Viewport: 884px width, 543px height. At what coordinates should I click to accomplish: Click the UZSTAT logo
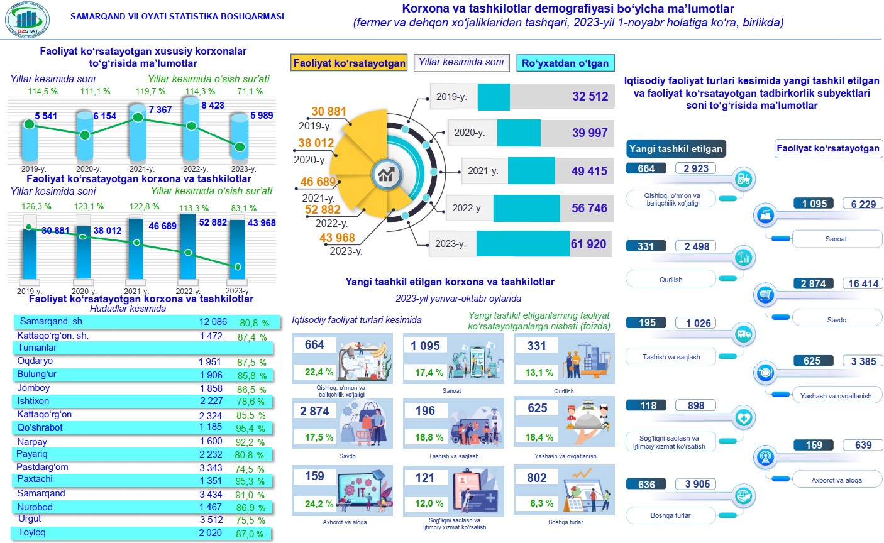27,20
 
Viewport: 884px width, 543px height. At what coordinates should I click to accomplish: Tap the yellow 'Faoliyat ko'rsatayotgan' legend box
350,63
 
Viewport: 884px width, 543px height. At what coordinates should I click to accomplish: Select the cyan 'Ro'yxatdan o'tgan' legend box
565,63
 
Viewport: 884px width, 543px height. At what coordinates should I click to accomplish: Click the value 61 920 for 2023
588,244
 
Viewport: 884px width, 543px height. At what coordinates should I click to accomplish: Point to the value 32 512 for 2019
590,97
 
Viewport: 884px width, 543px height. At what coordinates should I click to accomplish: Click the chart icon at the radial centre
385,175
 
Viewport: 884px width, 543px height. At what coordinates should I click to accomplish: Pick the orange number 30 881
329,112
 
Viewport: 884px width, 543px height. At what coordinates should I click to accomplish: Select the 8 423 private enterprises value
213,106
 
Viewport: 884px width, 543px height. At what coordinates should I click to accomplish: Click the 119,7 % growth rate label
150,92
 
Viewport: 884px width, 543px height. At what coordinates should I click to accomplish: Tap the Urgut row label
30,519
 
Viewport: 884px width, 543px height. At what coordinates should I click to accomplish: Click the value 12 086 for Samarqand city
213,322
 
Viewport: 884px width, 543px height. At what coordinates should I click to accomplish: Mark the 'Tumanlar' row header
37,348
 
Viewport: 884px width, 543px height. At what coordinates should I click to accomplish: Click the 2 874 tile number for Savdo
314,411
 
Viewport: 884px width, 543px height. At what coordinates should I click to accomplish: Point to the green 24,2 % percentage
319,504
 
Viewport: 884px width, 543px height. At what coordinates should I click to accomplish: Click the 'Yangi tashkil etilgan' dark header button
676,149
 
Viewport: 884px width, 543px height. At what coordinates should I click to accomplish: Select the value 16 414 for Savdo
863,283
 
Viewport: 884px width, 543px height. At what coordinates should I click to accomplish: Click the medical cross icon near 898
743,418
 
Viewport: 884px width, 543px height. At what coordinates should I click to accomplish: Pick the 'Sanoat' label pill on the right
836,239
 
